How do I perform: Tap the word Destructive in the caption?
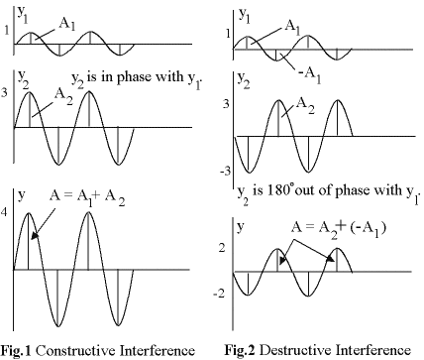tap(315, 350)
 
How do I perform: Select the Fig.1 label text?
tap(20, 350)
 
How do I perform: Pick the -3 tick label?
tap(225, 172)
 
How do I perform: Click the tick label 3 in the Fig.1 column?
tap(6, 91)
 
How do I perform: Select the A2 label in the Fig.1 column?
tap(60, 91)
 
